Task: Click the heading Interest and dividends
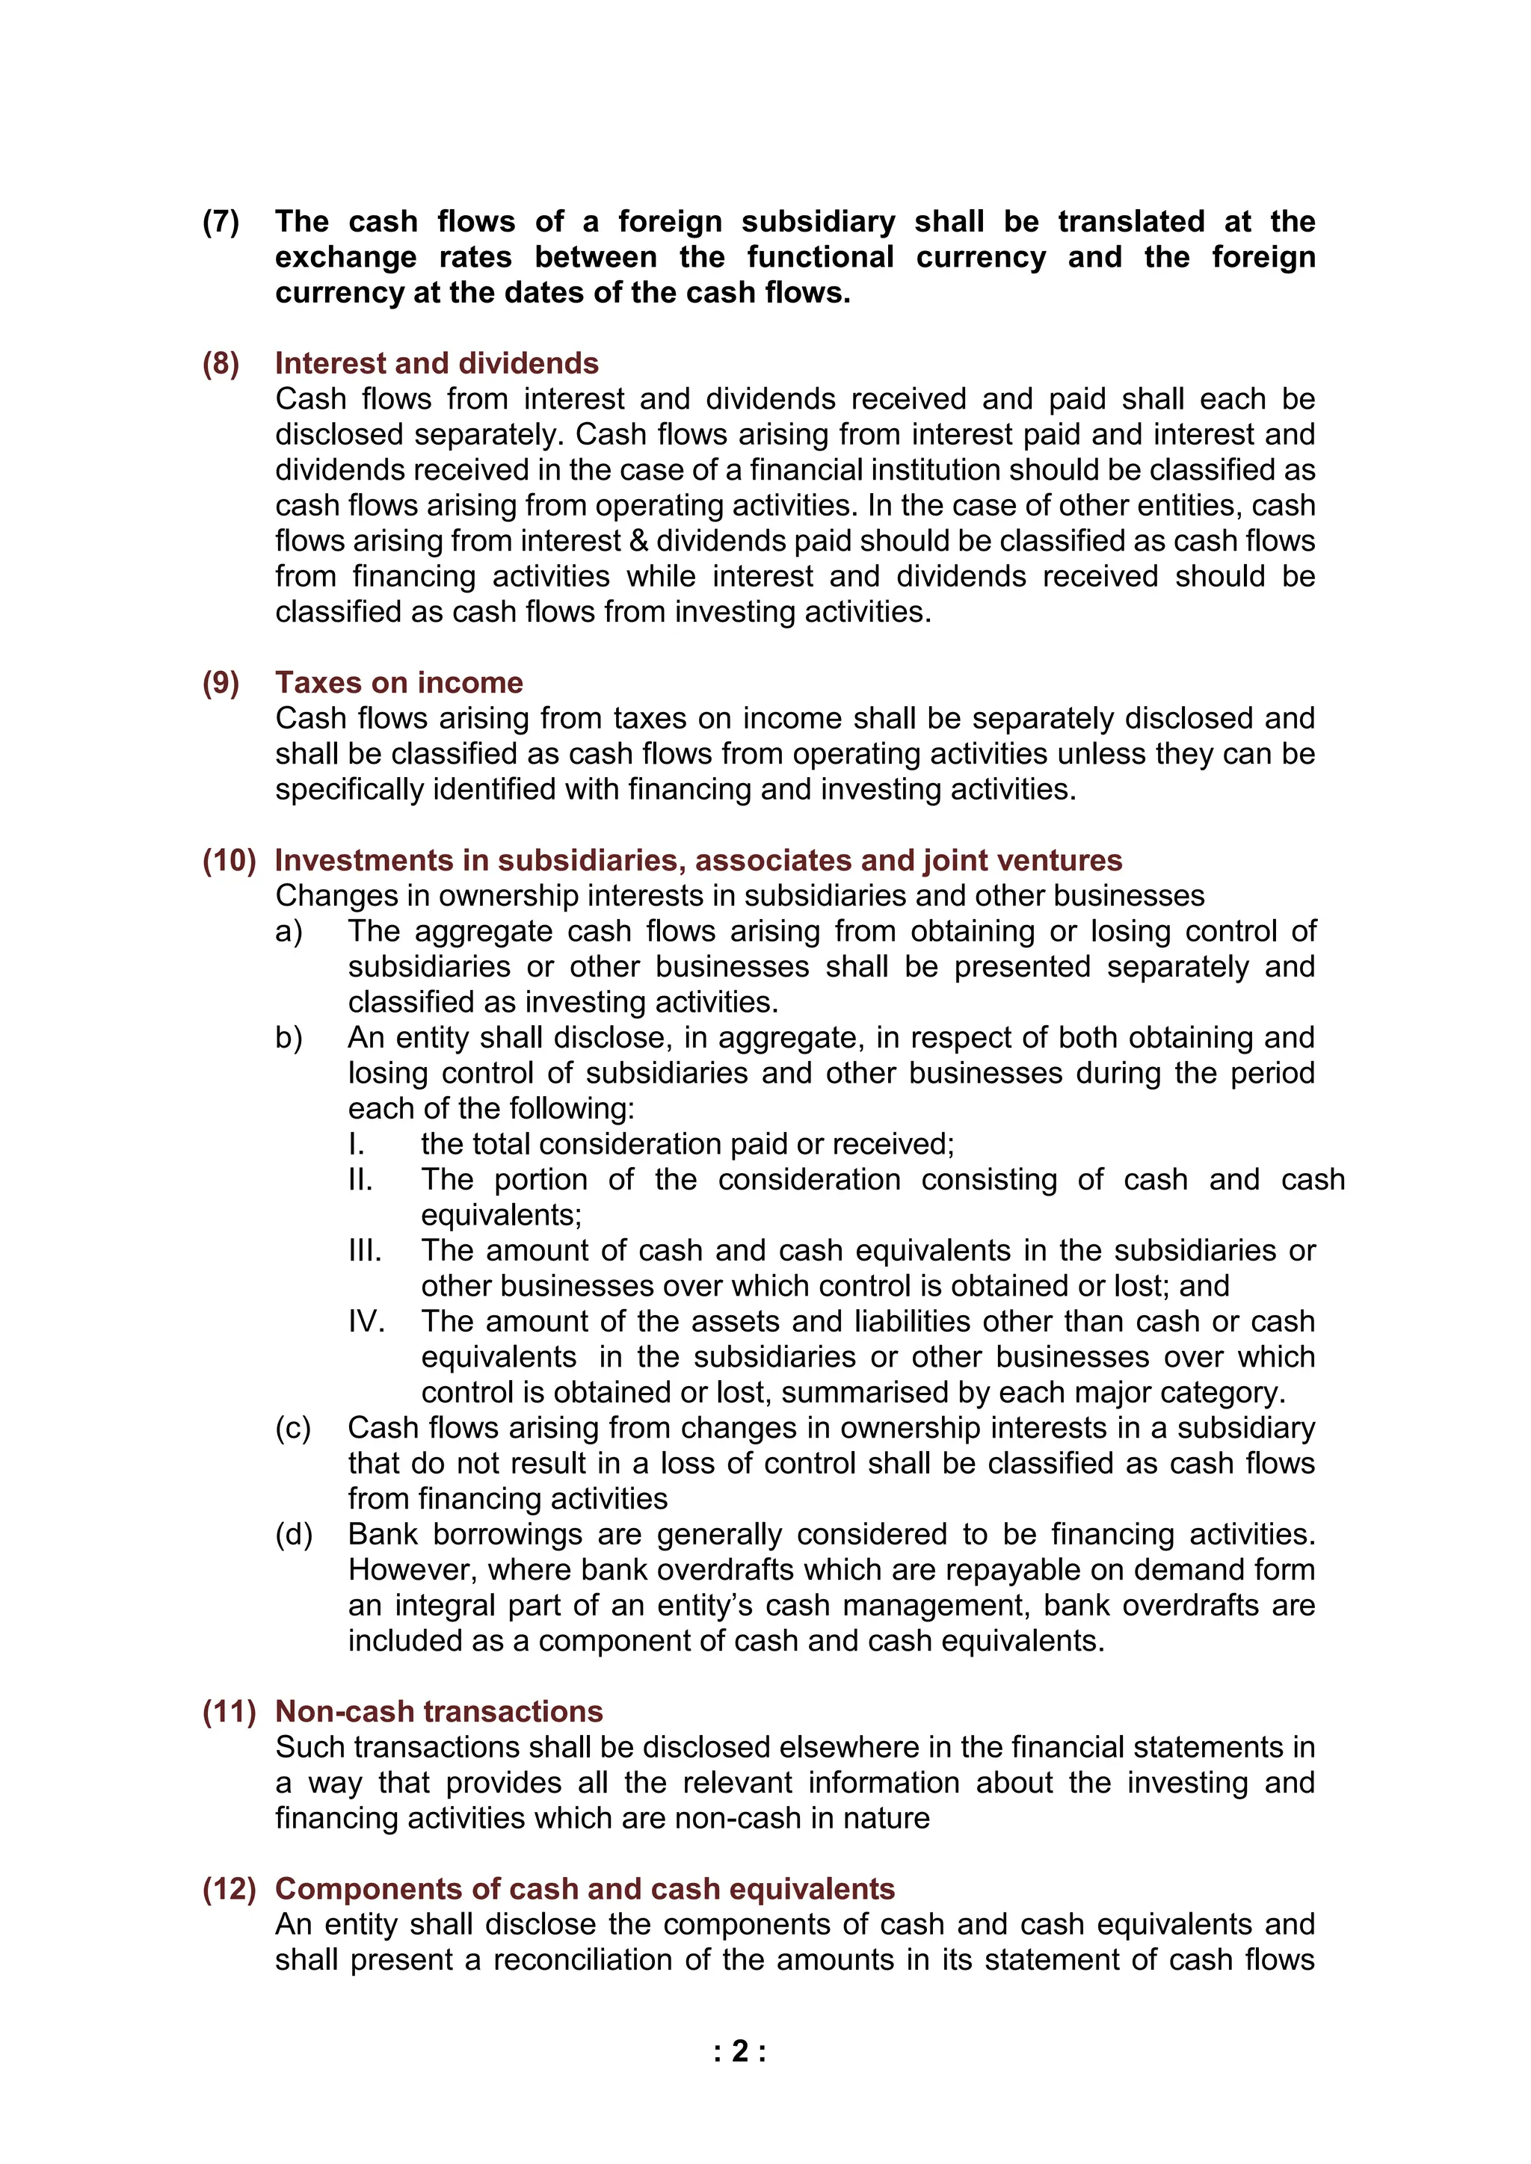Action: [x=437, y=363]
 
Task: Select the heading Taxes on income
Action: [x=398, y=682]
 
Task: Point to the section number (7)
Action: [x=221, y=221]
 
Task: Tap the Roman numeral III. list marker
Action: [x=365, y=1251]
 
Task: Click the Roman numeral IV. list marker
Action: [x=366, y=1321]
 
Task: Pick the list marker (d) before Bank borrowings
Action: [x=293, y=1534]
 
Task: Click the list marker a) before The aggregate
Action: [x=289, y=931]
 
